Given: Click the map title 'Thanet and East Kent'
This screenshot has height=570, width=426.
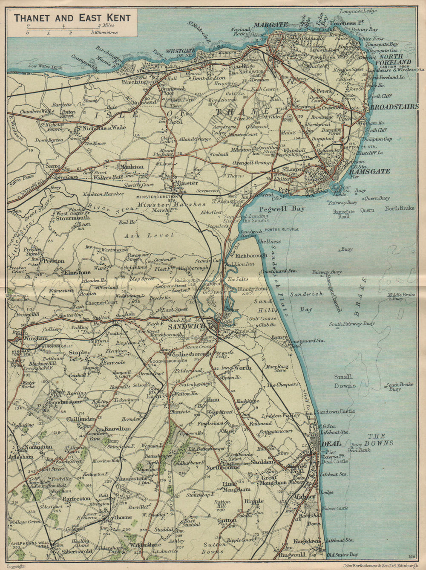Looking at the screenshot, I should click(x=72, y=18).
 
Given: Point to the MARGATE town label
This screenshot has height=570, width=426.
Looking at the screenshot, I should click(x=271, y=25).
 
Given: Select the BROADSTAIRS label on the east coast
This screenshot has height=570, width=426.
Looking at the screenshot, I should click(x=394, y=107).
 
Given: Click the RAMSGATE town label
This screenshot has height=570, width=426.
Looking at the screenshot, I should click(x=369, y=171).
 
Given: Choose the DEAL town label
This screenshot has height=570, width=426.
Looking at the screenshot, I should click(x=331, y=444).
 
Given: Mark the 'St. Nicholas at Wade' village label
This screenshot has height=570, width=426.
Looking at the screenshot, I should click(x=101, y=127).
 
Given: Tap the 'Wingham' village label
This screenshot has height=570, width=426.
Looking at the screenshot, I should click(x=36, y=338).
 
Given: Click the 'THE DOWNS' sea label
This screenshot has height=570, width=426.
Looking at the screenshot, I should click(x=377, y=440).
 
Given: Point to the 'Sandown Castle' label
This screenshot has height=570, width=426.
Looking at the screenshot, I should click(x=341, y=412).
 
